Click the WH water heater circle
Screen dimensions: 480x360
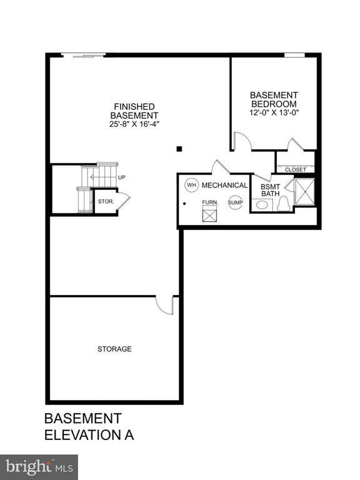pyautogui.click(x=191, y=185)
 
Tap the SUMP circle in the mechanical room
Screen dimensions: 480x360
pyautogui.click(x=235, y=202)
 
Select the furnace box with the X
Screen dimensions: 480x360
pyautogui.click(x=209, y=215)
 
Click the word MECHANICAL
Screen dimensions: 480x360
pyautogui.click(x=225, y=186)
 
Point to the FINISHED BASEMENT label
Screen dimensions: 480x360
pyautogui.click(x=134, y=111)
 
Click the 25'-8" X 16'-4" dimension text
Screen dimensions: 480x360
pyautogui.click(x=134, y=124)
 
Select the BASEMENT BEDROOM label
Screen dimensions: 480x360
pyautogui.click(x=273, y=99)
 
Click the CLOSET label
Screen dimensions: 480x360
pyautogui.click(x=295, y=169)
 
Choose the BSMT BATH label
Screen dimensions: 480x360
pyautogui.click(x=270, y=189)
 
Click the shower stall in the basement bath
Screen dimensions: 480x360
pyautogui.click(x=304, y=192)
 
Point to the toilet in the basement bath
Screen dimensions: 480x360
pyautogui.click(x=283, y=203)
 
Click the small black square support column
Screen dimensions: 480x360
pyautogui.click(x=179, y=149)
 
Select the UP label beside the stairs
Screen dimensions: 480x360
pyautogui.click(x=122, y=177)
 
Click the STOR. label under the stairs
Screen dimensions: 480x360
pyautogui.click(x=104, y=201)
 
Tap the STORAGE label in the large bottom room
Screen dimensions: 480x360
pyautogui.click(x=114, y=349)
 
